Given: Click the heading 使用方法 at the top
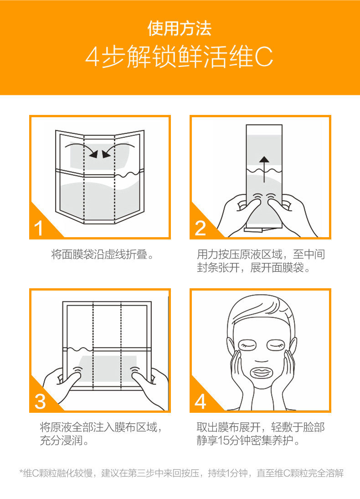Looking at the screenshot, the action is pos(180,29).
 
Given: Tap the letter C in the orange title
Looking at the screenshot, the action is pos(264,57).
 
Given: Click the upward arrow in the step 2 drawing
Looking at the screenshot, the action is pos(264,169).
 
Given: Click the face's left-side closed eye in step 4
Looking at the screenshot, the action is pos(247,345).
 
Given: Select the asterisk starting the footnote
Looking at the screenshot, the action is pos(21,471).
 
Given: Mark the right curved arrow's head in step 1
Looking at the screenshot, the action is pos(106,154).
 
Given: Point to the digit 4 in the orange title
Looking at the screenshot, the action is pos(93,57).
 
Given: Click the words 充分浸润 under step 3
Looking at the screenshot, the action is pos(61,441).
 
